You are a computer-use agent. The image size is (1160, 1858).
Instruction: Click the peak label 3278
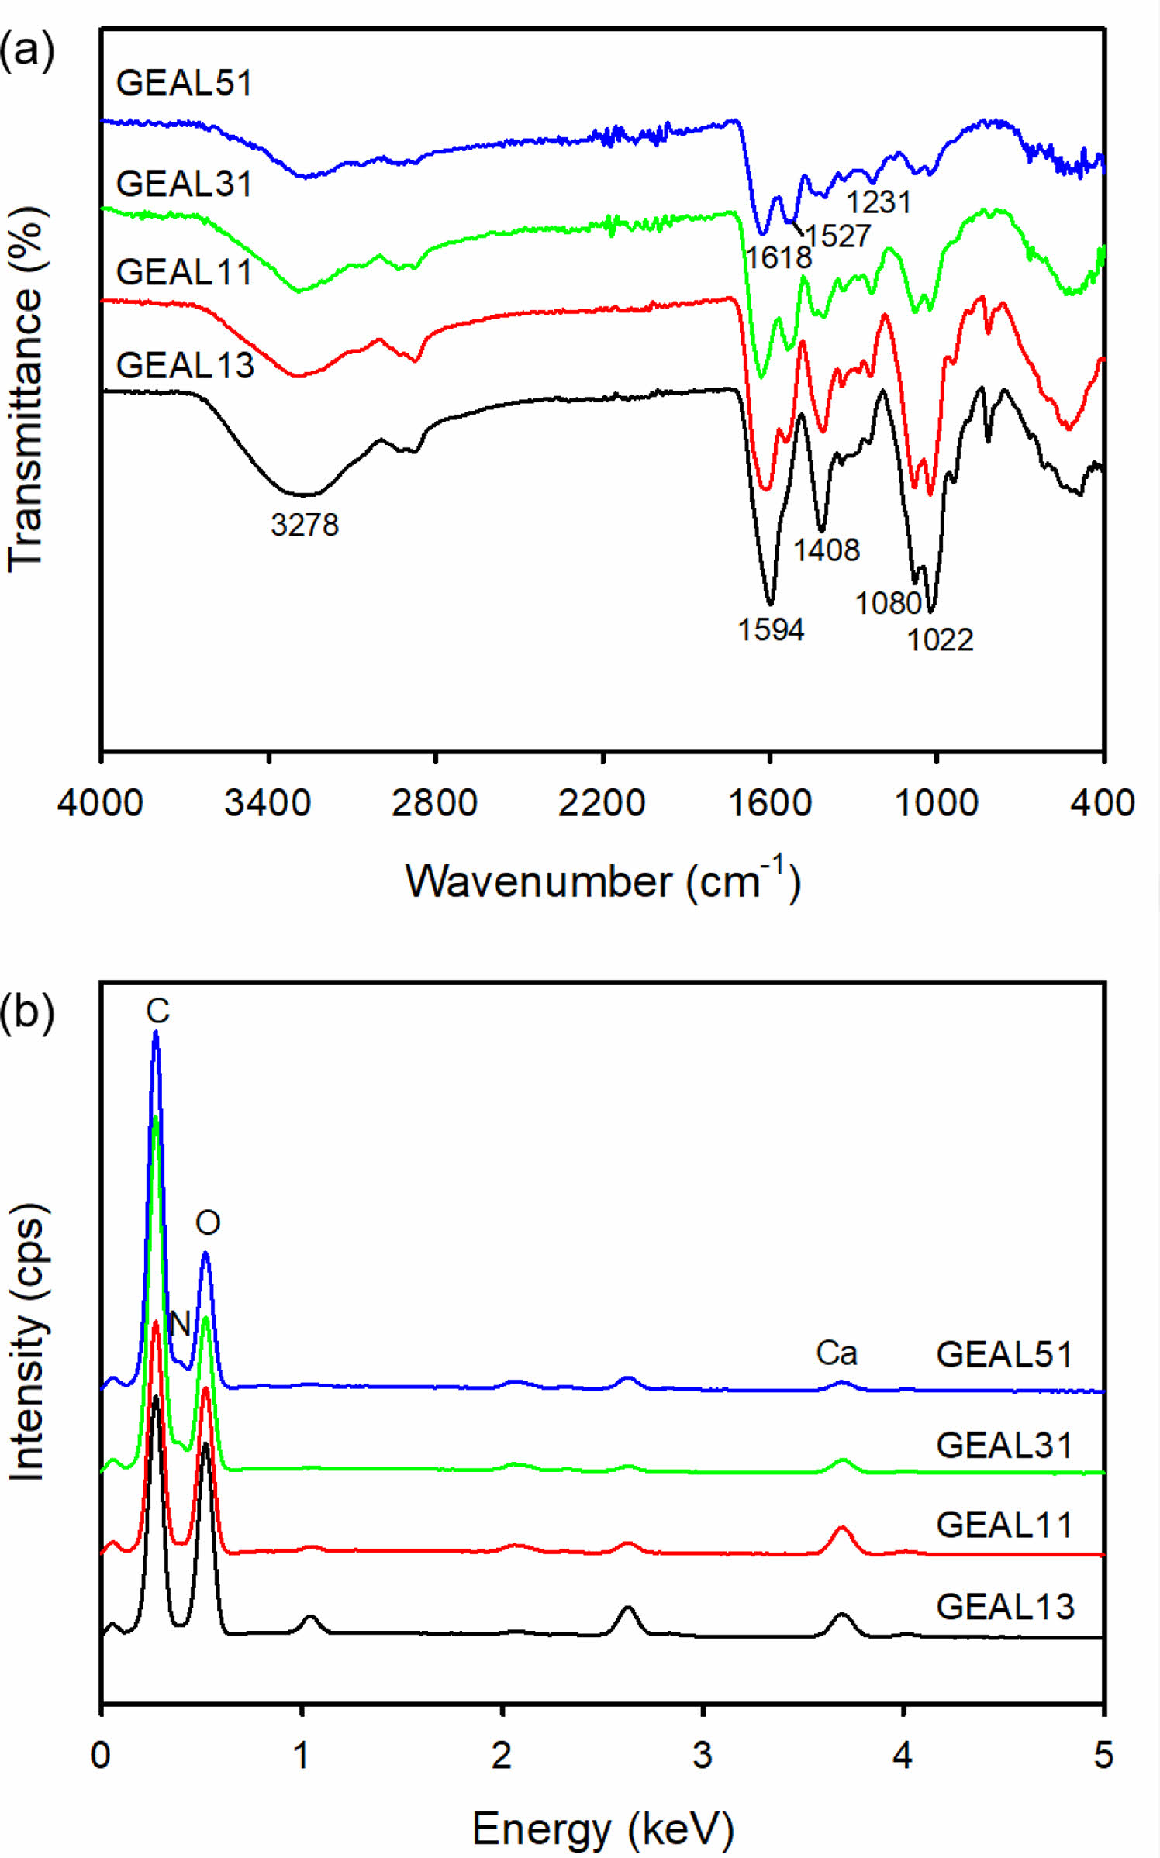[305, 525]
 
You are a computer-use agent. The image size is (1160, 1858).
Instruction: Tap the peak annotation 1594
[771, 629]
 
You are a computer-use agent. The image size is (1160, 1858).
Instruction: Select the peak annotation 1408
[827, 550]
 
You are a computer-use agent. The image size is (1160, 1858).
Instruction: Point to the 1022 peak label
[940, 639]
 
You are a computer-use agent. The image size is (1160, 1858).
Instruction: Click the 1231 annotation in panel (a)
[879, 202]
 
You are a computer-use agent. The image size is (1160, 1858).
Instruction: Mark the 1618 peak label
[779, 257]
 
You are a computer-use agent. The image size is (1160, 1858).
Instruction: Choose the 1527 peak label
[838, 236]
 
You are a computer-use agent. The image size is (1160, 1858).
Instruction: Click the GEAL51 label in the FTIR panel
[185, 83]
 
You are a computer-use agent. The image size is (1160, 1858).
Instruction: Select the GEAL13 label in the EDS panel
[1006, 1607]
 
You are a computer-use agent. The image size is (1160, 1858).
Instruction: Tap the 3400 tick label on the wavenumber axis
[268, 802]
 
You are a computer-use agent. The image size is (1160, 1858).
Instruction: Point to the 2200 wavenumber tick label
[602, 802]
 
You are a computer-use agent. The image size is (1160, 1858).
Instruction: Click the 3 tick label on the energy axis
[703, 1754]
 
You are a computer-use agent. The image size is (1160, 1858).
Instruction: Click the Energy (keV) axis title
[602, 1829]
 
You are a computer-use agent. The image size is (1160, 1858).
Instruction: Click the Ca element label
[837, 1353]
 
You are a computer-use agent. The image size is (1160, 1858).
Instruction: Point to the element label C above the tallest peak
[157, 1011]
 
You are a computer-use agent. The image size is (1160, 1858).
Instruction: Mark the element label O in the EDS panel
[208, 1222]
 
